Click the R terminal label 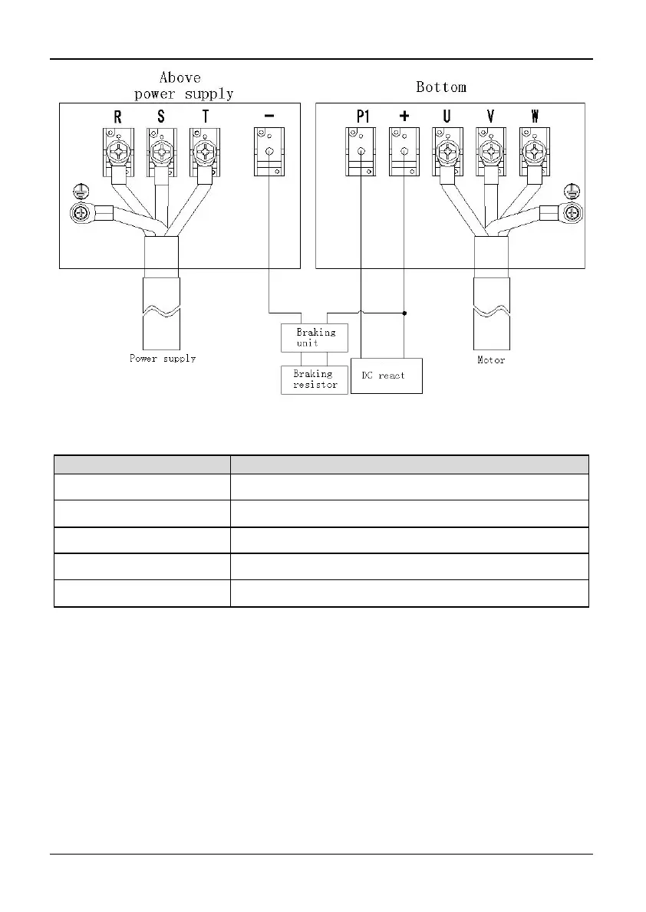coord(117,117)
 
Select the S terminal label coord(160,117)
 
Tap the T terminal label coord(204,117)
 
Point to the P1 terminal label coord(363,117)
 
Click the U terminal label coord(447,117)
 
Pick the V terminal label coord(490,117)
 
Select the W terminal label coord(535,117)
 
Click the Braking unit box coord(315,337)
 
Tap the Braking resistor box coord(315,379)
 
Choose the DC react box coord(386,376)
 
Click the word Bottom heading coord(441,87)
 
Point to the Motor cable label coord(491,359)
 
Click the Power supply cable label coord(163,358)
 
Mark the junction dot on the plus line coord(404,313)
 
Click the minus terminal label coord(269,116)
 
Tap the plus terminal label coord(404,117)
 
